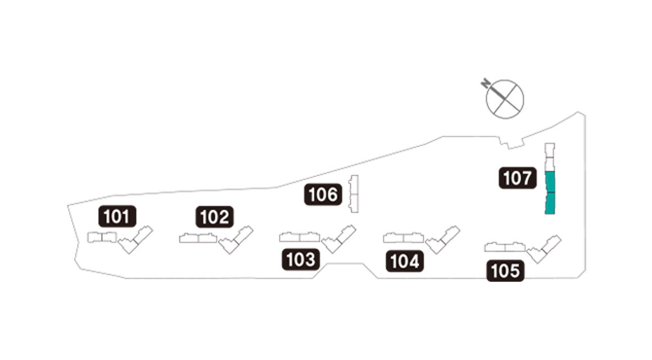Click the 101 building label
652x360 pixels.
(117, 217)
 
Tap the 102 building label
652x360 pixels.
(215, 217)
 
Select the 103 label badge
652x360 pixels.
(301, 260)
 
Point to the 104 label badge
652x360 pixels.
(405, 262)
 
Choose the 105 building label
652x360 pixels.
(505, 271)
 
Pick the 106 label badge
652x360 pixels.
(323, 195)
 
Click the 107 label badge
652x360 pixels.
(518, 178)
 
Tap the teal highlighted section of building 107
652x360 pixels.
(550, 192)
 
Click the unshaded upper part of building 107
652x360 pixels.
(550, 157)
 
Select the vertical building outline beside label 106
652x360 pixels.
(354, 194)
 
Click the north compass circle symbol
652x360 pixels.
(505, 99)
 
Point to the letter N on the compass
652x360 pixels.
(485, 84)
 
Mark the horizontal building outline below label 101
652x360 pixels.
(102, 237)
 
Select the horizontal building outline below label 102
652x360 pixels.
(198, 238)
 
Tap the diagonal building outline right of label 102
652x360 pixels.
(236, 240)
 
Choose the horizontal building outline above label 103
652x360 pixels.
(300, 237)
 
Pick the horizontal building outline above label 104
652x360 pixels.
(404, 237)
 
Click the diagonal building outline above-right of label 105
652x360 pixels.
(544, 249)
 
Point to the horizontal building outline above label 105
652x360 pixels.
(505, 247)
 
